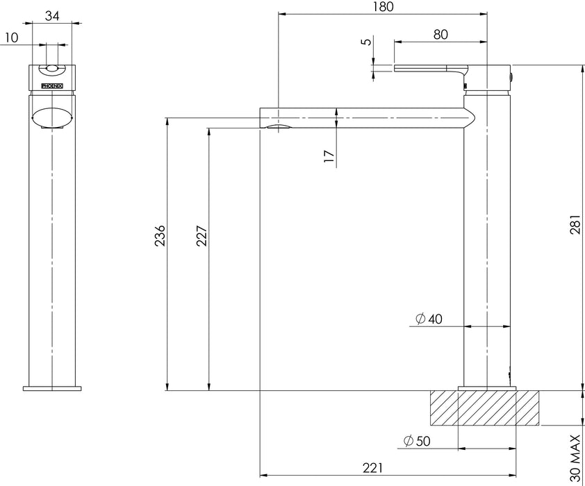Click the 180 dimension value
click(x=383, y=7)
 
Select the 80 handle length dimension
click(x=440, y=34)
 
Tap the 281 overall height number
click(x=575, y=224)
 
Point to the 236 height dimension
click(x=160, y=235)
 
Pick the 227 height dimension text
click(x=201, y=235)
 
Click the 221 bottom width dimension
click(x=372, y=468)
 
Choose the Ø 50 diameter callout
click(x=417, y=442)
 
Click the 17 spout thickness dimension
click(x=329, y=156)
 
